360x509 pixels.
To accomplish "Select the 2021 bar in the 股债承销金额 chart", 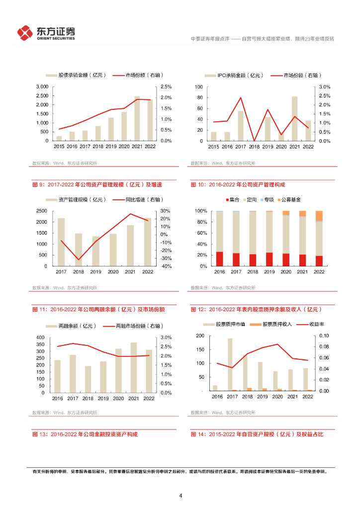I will tap(137, 119).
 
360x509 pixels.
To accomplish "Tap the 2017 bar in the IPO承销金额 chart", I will tap(241, 126).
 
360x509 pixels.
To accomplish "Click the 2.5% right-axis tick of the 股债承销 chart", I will tap(166, 87).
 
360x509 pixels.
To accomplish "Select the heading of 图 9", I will tap(96, 184).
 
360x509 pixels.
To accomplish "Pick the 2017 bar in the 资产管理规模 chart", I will tap(61, 242).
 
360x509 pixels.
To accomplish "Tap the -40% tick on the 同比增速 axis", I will tap(165, 266).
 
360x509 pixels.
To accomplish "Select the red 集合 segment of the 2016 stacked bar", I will tap(219, 259).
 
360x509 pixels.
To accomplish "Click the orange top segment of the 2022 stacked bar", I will tap(319, 216).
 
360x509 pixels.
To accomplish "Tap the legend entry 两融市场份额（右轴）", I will tap(135, 326).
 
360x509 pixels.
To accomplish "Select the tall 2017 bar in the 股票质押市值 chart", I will tap(230, 364).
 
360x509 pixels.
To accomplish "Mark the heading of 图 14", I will tap(257, 434).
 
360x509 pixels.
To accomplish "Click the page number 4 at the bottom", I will tap(180, 495).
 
